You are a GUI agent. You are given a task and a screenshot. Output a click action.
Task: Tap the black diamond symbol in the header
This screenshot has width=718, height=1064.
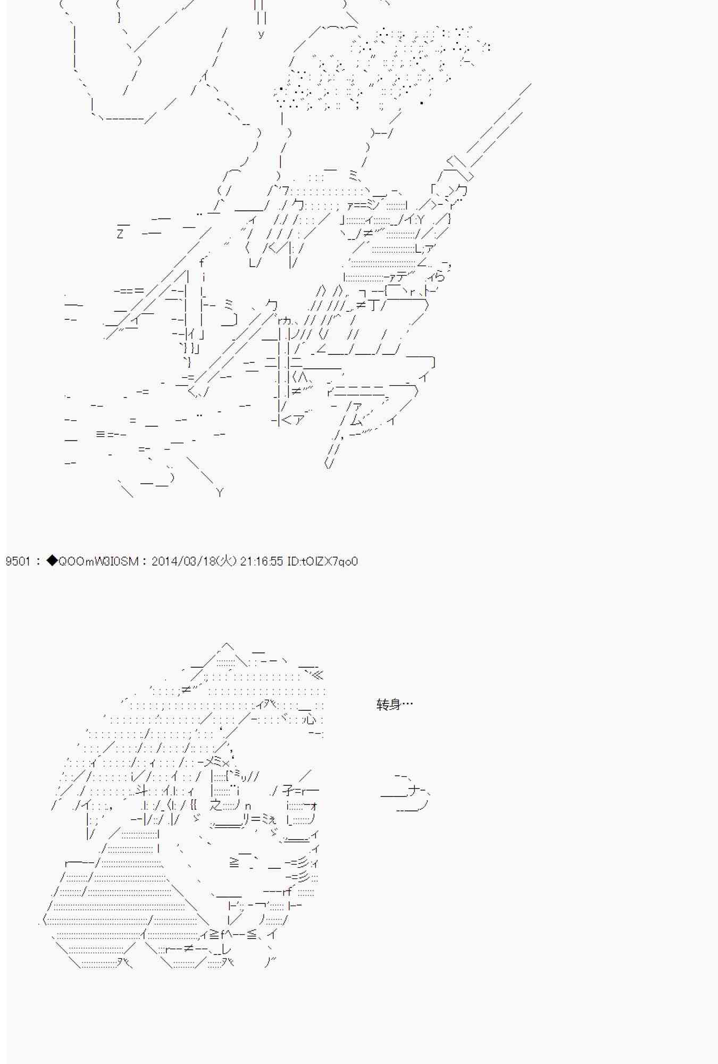(52, 561)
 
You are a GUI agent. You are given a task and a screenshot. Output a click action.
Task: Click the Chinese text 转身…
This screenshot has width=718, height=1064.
(395, 704)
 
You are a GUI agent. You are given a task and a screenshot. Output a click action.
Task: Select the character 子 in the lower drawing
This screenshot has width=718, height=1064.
(288, 791)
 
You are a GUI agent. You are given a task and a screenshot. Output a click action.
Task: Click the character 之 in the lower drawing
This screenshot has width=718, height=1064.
(216, 805)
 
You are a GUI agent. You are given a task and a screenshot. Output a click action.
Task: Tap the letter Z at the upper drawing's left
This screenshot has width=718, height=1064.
(120, 234)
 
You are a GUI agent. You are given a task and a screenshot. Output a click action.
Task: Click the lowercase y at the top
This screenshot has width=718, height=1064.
(261, 34)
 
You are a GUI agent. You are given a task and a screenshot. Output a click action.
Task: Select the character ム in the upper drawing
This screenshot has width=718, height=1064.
(356, 420)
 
